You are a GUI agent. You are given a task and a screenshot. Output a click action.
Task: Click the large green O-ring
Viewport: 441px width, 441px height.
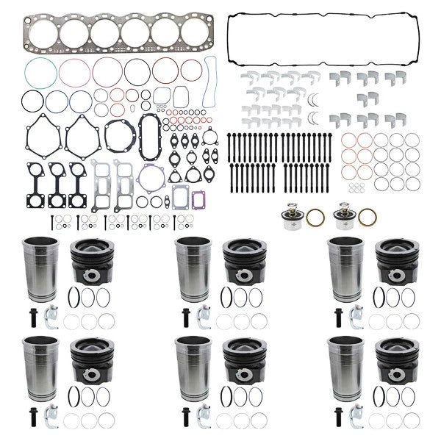coord(40,73)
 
